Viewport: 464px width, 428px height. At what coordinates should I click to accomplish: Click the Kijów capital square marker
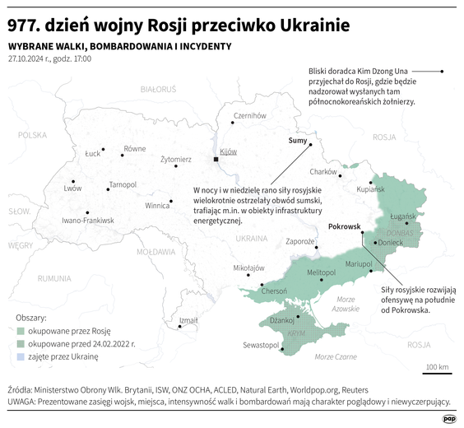tap(216, 158)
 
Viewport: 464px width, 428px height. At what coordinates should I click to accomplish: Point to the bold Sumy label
tap(298, 141)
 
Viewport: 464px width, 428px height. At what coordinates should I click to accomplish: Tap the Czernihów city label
tap(250, 116)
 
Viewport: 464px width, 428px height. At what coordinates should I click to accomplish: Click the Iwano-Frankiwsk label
tap(88, 221)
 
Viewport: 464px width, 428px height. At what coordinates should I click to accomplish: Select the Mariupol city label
tap(359, 263)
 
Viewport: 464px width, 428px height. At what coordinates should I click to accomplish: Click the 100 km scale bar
tap(437, 373)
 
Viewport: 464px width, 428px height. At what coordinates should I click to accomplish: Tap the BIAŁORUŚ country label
tap(159, 88)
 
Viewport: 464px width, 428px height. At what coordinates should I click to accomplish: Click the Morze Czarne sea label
tap(336, 356)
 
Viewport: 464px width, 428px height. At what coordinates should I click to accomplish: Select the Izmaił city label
tap(188, 320)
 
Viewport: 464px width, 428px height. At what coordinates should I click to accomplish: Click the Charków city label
tap(323, 171)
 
